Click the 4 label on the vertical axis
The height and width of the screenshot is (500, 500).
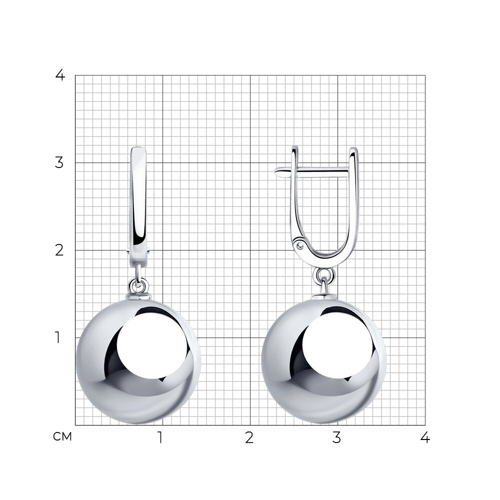(60, 75)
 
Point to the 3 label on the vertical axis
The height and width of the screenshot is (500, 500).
(59, 162)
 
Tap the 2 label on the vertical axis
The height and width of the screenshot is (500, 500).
(59, 250)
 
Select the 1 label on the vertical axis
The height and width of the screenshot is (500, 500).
(57, 337)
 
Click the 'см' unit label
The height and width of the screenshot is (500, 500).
(62, 436)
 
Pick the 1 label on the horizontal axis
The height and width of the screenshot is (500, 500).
(160, 438)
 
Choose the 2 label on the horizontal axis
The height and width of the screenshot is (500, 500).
(249, 438)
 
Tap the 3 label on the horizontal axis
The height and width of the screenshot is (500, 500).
(336, 438)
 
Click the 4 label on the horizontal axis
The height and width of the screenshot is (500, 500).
(425, 438)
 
